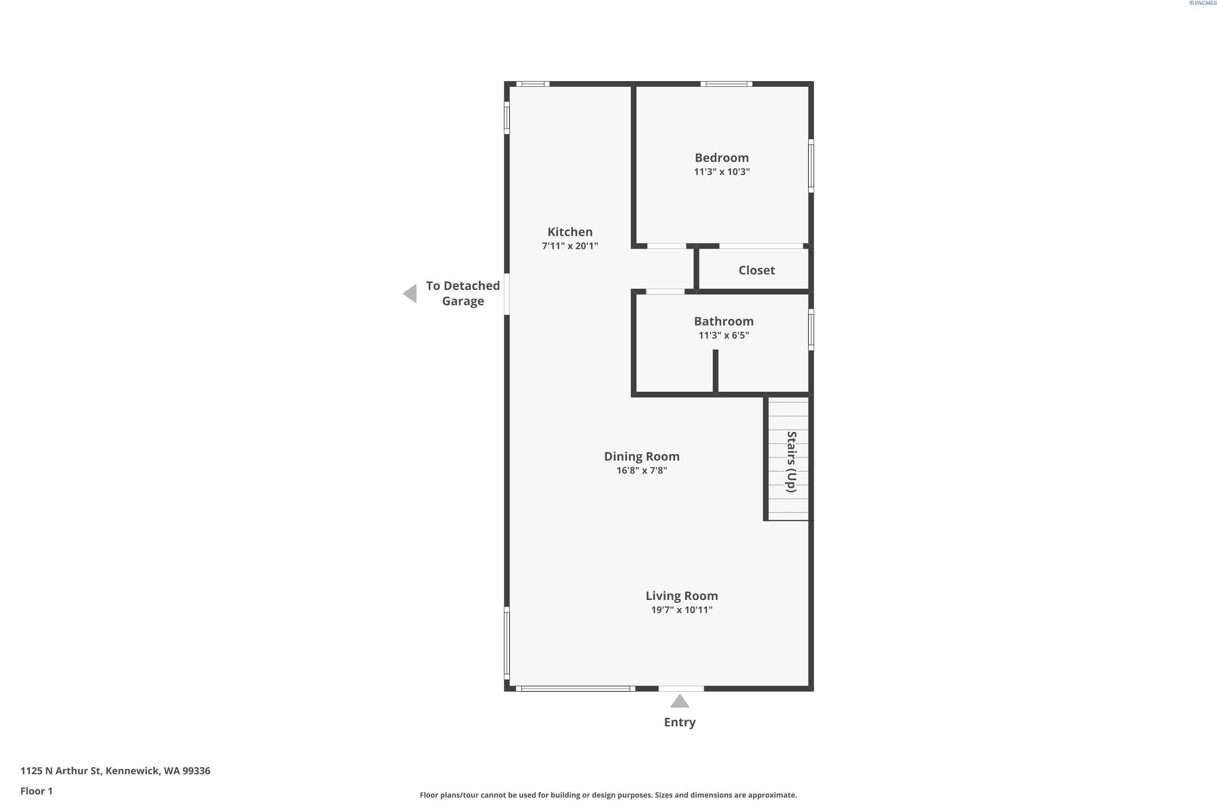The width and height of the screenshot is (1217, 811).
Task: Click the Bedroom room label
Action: [721, 158]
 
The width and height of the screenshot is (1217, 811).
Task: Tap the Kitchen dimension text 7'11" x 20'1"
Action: [570, 246]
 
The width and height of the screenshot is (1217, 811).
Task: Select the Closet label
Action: [757, 270]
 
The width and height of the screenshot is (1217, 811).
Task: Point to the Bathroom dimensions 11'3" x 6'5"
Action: [723, 335]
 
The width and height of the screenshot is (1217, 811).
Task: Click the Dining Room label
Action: [642, 456]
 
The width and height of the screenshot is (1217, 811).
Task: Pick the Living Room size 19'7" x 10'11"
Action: [682, 610]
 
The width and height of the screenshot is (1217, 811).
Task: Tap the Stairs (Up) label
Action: [791, 461]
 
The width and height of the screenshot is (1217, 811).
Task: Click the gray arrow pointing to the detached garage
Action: [410, 293]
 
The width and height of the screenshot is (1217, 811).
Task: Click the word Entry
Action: [679, 722]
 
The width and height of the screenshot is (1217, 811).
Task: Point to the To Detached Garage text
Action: [462, 293]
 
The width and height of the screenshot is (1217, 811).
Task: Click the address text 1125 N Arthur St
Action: [60, 771]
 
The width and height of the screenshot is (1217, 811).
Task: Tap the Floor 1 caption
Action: [36, 791]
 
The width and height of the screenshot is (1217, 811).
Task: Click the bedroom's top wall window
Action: [727, 84]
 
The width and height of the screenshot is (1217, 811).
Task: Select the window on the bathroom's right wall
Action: [811, 329]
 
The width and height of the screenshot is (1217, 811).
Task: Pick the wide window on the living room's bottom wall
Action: [575, 689]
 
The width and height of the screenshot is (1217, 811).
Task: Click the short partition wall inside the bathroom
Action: [716, 371]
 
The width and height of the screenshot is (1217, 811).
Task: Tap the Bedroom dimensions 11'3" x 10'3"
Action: [721, 172]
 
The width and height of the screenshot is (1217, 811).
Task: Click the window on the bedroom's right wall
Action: [811, 165]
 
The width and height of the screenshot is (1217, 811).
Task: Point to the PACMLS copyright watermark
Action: [1202, 3]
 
